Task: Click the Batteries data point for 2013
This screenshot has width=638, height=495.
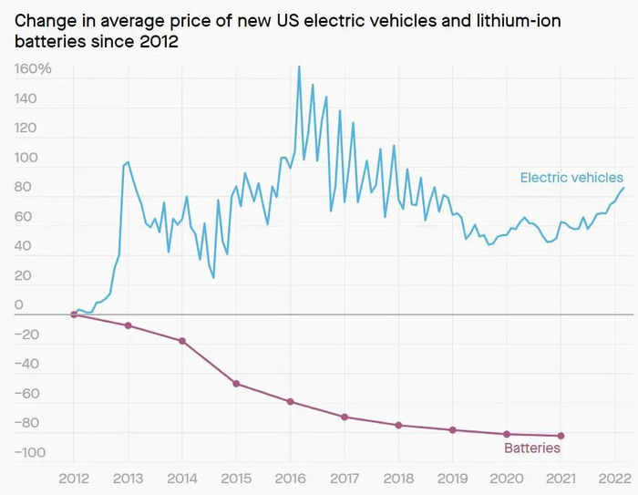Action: tap(128, 325)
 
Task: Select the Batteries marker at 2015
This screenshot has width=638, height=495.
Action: tap(236, 384)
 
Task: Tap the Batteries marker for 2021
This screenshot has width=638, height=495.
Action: tap(561, 436)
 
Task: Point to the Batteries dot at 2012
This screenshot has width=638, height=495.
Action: tap(74, 315)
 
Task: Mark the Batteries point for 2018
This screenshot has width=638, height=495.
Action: tap(398, 425)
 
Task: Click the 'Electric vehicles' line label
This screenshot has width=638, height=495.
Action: tap(571, 178)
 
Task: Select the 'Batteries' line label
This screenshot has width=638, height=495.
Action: tap(532, 449)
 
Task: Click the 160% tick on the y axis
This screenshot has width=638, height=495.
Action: tap(33, 69)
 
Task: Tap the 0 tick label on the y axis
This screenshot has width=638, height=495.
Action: tap(19, 305)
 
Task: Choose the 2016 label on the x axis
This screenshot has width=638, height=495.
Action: tap(290, 479)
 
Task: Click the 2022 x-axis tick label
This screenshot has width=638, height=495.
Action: tap(614, 479)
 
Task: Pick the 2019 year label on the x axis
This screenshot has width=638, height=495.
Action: tap(452, 479)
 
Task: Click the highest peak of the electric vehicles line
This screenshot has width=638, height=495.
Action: tap(299, 66)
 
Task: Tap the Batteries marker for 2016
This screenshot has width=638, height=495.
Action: tap(291, 401)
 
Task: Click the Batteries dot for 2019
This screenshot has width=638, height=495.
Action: tap(452, 429)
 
